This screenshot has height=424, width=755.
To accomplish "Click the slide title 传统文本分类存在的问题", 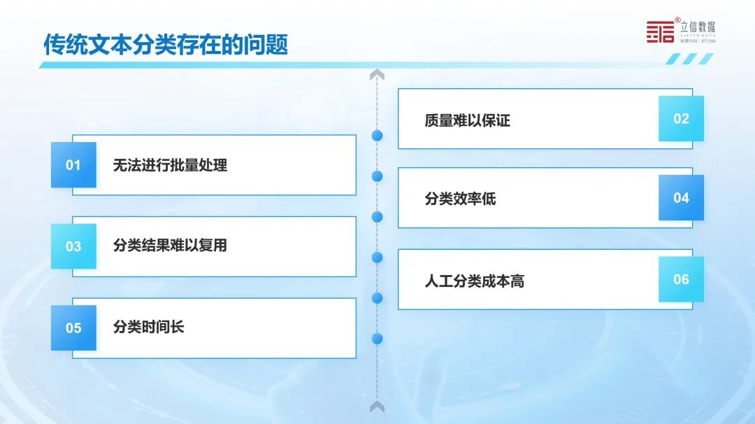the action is point(166,45).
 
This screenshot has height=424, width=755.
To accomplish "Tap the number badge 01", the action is point(73,165).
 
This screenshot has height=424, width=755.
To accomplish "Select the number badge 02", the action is point(681,118).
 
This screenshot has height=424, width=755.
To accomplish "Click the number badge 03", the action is point(73,246).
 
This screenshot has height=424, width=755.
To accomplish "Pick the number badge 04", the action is point(681,197).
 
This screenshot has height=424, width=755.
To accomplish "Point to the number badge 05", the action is point(73,327).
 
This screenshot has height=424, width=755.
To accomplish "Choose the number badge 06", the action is point(681,279).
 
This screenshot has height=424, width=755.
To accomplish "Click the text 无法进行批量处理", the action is point(170,165).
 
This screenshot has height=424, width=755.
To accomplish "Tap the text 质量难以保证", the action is point(467,120).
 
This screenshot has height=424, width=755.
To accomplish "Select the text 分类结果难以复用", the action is point(170,246).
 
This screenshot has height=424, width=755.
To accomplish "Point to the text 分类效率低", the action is point(460,199).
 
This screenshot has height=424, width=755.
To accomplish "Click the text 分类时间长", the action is point(148,327).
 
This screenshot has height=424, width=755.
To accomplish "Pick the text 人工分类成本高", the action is point(474,281).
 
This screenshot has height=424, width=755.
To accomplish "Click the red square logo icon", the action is point(660,31).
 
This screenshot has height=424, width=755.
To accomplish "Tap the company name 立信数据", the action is point(698,27).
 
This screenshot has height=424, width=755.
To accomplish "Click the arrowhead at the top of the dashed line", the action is point(377,74).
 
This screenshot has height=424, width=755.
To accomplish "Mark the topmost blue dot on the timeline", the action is point(377,136).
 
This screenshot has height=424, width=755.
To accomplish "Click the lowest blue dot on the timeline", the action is point(377,339).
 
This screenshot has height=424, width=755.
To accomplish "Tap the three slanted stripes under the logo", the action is point(689,59).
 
